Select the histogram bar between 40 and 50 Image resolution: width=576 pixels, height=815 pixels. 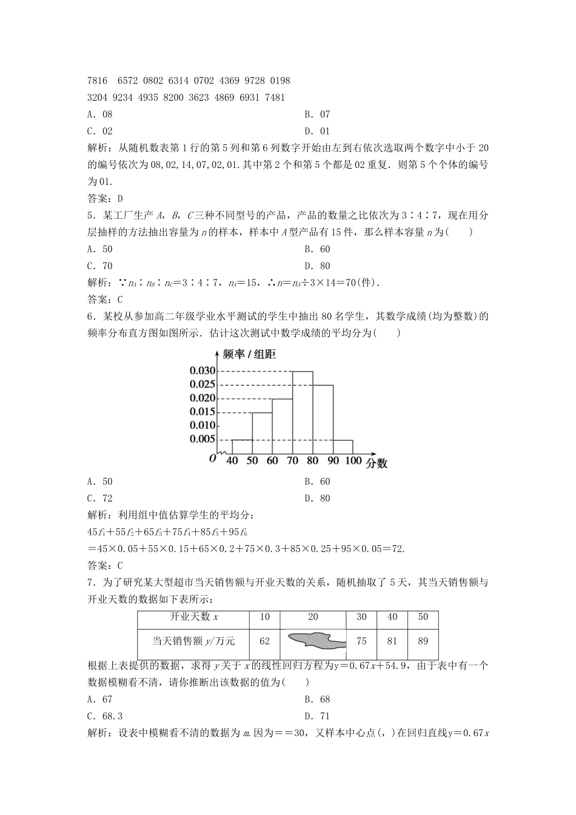242,446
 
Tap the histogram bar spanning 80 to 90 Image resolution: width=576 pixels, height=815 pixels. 323,420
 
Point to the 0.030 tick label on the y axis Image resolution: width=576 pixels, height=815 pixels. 202,371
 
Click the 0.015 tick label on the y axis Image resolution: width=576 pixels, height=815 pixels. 202,412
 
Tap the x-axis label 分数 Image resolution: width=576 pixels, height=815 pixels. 376,463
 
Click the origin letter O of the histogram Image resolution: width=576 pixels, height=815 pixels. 212,458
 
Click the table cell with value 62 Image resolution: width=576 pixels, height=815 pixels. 264,640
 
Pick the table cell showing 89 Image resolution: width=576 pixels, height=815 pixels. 423,640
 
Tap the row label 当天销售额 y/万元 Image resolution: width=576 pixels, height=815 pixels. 193,640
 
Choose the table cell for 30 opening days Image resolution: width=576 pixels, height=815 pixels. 361,617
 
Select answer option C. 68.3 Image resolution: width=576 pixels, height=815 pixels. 101,716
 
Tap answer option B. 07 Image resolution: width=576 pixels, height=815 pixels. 317,114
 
